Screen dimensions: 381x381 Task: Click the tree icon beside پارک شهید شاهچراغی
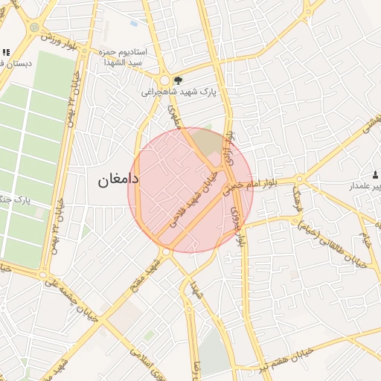[177, 80]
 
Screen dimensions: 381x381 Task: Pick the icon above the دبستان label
[7, 52]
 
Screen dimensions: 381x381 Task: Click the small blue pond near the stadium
[134, 24]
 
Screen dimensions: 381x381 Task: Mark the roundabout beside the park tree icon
[165, 80]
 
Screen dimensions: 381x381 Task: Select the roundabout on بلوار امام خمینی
[299, 179]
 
